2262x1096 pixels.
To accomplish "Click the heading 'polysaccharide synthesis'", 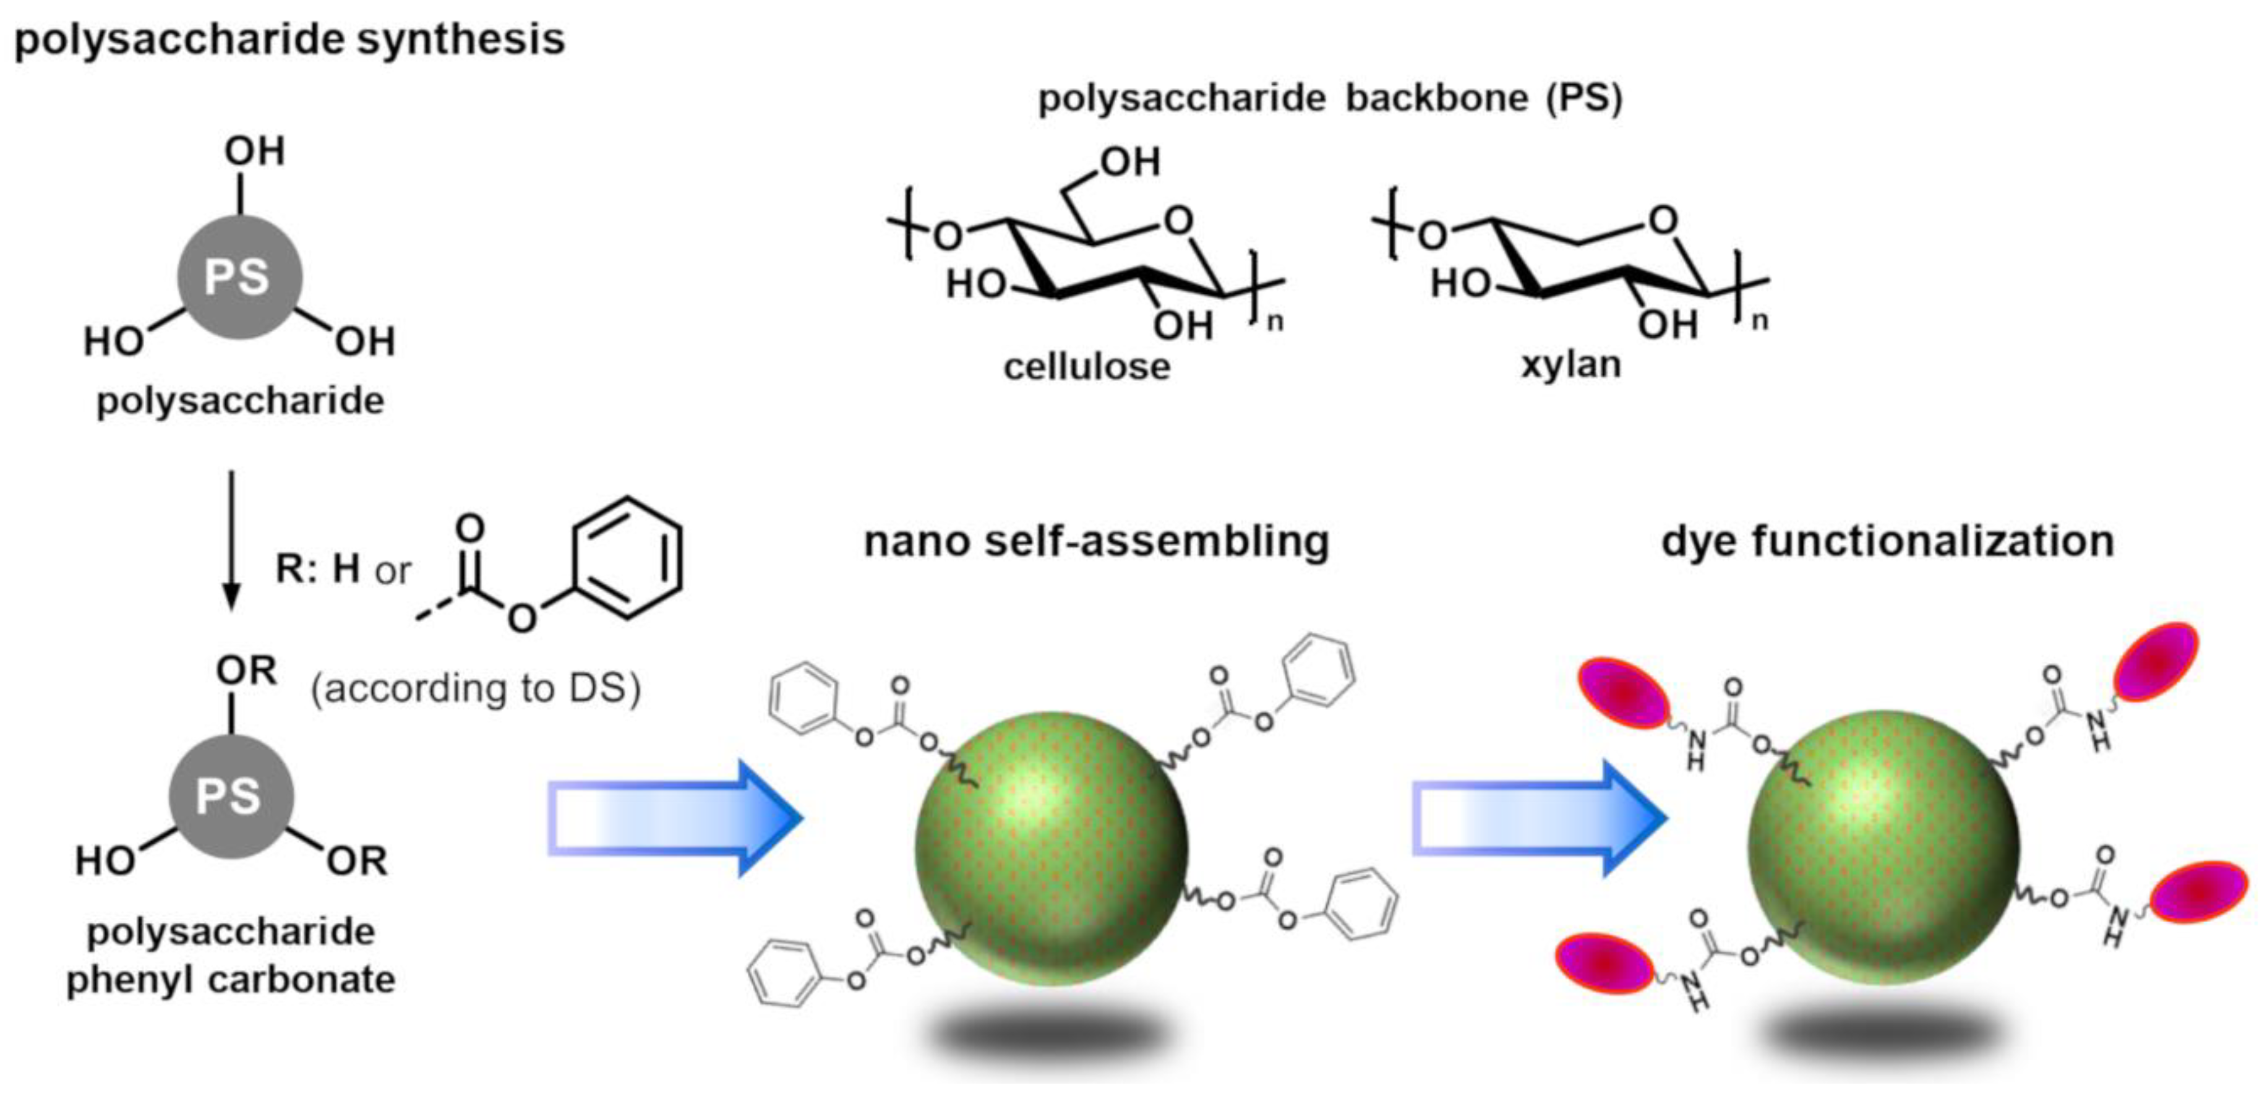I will (x=289, y=40).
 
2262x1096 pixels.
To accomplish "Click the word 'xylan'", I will (x=1571, y=364).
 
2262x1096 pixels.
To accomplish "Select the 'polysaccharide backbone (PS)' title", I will (x=1330, y=98).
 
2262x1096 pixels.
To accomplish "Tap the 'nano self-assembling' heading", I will (x=1097, y=541).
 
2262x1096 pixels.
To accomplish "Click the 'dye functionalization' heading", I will (x=1888, y=541).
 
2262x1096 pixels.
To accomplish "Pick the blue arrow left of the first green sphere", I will (x=674, y=818).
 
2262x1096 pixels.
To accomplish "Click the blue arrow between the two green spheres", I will (x=1538, y=818).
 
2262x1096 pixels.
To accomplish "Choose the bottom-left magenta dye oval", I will (x=1603, y=964).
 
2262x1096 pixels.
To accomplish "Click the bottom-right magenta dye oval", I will (x=2199, y=891).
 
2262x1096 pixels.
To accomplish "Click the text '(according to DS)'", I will (x=476, y=688).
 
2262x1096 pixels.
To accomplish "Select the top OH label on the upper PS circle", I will (x=255, y=151).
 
